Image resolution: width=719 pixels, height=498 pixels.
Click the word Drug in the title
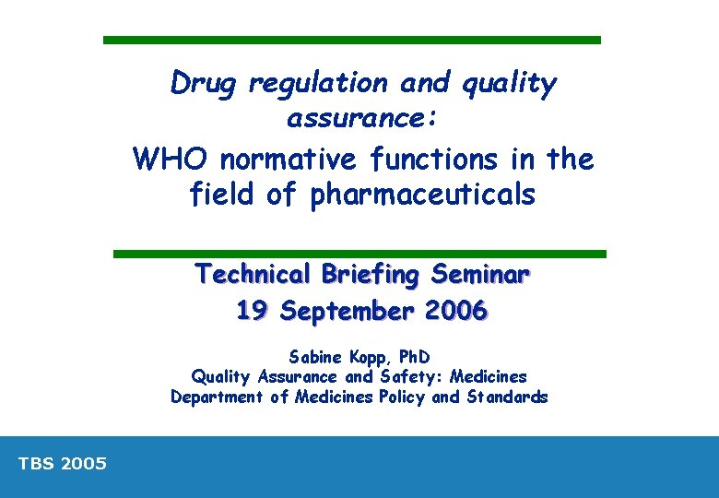click(x=203, y=84)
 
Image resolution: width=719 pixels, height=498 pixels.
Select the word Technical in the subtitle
click(x=253, y=275)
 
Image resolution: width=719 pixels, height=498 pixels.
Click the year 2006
click(x=457, y=312)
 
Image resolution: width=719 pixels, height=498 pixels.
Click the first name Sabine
click(x=315, y=356)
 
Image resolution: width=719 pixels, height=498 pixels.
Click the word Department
click(x=215, y=397)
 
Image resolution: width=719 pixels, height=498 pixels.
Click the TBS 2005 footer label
click(x=63, y=464)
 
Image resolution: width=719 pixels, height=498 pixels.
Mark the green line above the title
click(x=351, y=41)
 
